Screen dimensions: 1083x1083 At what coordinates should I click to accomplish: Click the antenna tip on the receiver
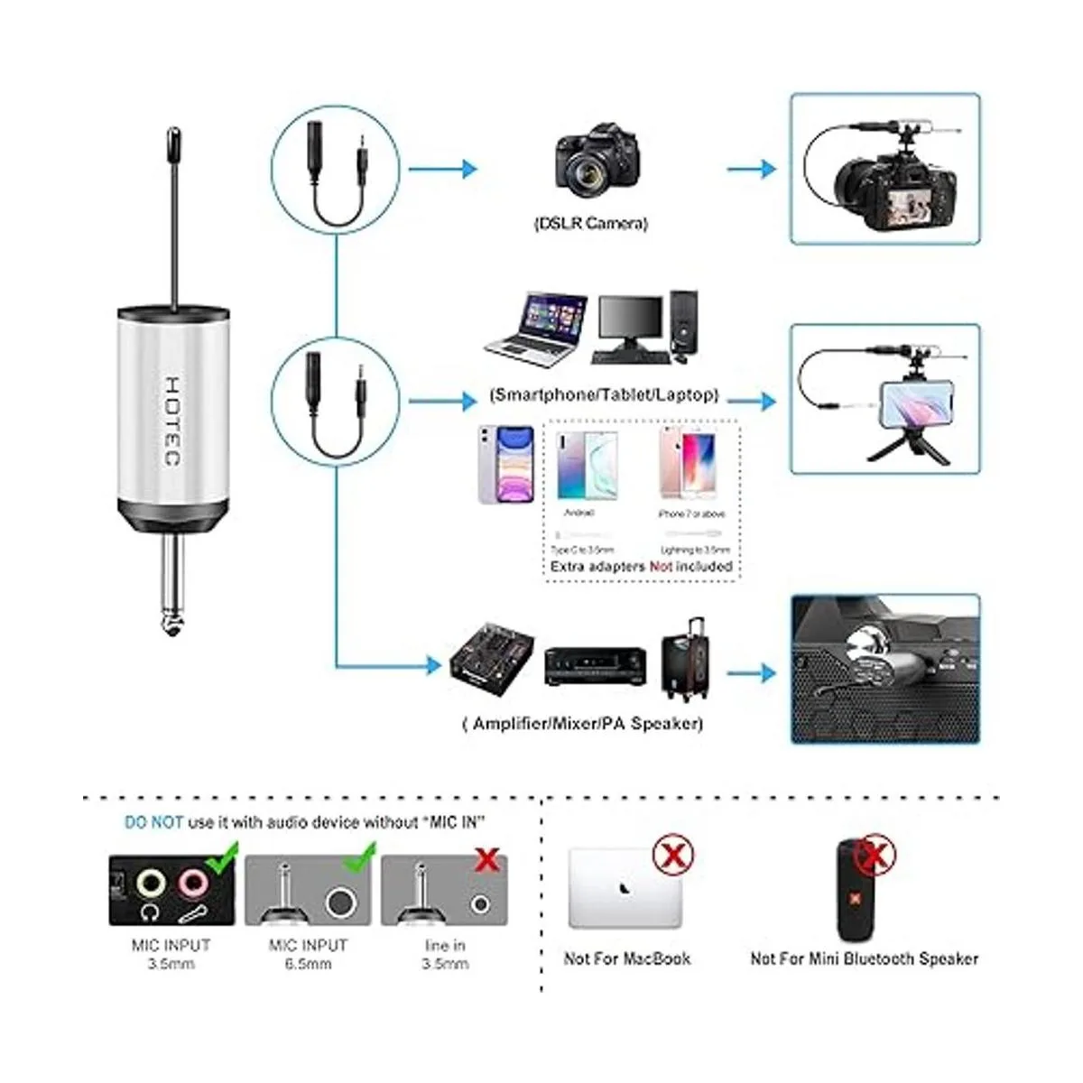coord(172,140)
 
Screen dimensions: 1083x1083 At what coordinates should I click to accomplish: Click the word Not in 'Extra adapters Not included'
coord(662,567)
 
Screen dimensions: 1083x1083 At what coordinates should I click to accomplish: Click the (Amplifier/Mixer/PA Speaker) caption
coord(582,723)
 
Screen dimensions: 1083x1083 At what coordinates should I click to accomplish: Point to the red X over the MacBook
coord(672,855)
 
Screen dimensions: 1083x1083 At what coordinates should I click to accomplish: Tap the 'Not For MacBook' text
coord(627,958)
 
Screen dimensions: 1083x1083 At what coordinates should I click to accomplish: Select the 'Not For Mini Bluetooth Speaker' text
coord(864,958)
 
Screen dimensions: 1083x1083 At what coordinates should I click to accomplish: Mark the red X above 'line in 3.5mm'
coord(487,859)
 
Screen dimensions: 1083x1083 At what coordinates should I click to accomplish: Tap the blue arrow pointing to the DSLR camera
coord(441,168)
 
